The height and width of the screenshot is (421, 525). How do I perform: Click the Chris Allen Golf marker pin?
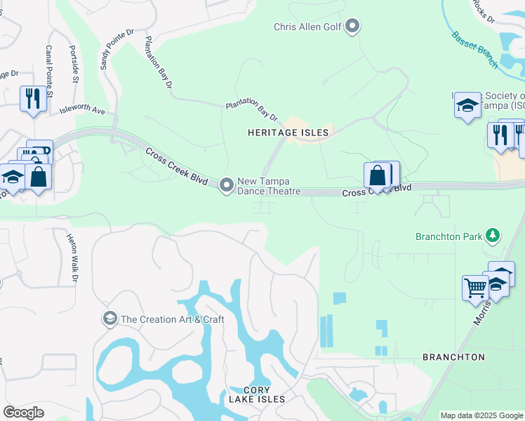point(352,27)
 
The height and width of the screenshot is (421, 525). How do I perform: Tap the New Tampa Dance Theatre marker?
point(226,185)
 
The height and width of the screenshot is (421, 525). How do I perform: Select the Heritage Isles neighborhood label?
point(288,132)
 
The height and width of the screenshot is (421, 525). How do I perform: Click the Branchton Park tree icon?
point(493,235)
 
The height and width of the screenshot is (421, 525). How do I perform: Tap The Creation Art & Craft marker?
point(109,319)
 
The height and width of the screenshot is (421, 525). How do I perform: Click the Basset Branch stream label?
point(474,50)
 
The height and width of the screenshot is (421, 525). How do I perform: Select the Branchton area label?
point(453,357)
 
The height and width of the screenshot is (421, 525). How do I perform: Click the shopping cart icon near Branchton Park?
point(475,288)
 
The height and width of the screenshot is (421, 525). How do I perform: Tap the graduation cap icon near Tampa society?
point(467,106)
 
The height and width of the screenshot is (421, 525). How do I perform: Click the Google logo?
point(24,412)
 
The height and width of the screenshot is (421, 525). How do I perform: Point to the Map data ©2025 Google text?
point(481,415)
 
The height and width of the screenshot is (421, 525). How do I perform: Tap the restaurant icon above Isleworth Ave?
point(32,98)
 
